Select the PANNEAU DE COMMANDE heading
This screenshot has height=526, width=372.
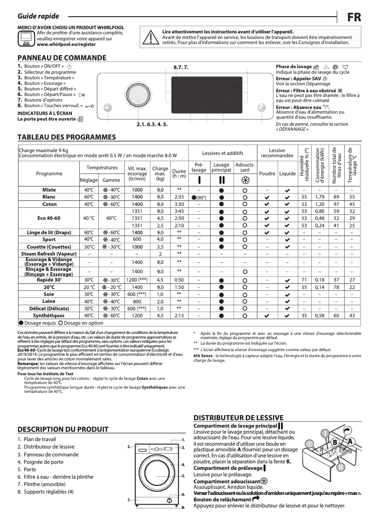coord(62,58)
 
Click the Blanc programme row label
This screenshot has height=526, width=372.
coord(49,197)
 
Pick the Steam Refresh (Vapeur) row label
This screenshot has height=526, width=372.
coord(49,254)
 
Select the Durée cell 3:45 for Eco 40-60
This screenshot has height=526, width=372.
coord(179,211)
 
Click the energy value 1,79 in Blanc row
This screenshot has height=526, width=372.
coord(320,197)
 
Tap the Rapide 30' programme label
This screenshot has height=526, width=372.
coord(49,280)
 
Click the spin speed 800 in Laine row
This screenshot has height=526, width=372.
coord(137,301)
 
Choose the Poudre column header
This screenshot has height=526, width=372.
coord(267,173)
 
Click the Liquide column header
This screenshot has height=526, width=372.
coord(287,173)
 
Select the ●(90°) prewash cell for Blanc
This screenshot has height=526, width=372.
coord(199,197)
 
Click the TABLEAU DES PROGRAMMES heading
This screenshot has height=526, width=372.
coord(66,137)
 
